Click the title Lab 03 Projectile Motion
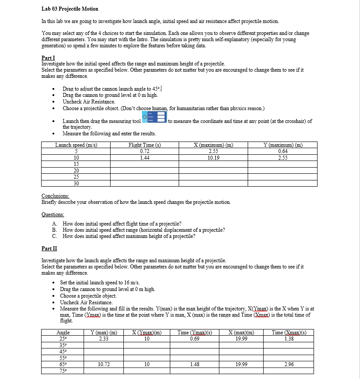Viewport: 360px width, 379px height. coord(69,9)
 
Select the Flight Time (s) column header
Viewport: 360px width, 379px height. coord(144,145)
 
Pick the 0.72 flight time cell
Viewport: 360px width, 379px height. coord(144,151)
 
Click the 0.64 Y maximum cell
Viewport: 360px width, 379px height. coord(283,151)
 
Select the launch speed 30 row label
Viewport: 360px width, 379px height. coord(76,183)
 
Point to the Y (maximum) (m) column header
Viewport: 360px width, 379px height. coord(283,145)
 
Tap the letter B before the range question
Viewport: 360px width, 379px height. coord(54,230)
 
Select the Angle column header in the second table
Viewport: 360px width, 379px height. coord(63,333)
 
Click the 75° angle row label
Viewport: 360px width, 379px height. coord(63,371)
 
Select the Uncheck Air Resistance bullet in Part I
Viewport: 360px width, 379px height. coord(89,101)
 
